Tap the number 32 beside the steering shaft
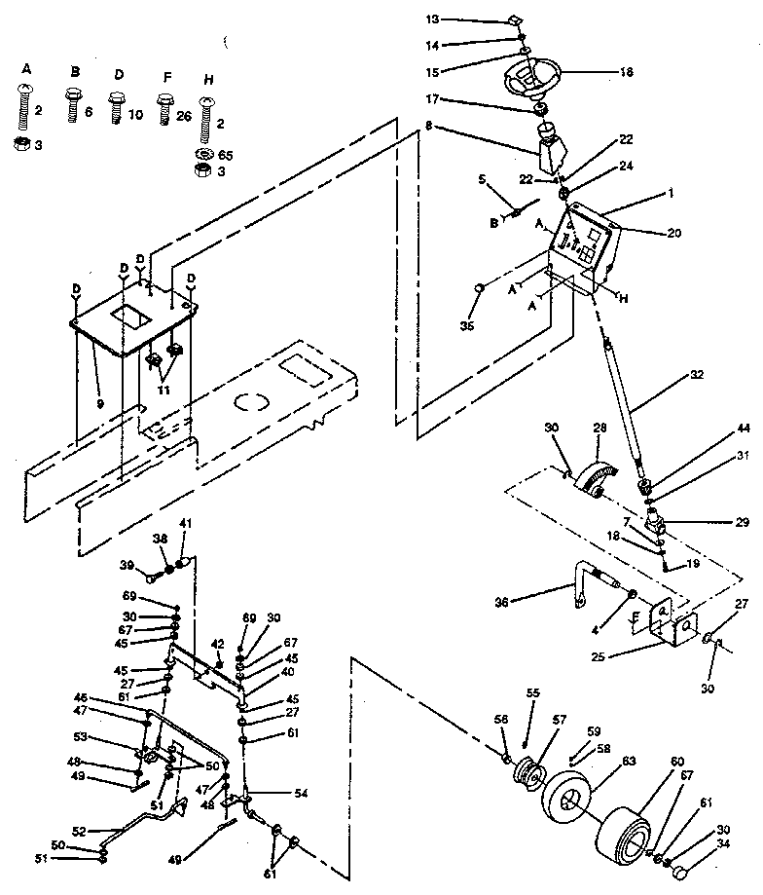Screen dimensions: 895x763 (694, 373)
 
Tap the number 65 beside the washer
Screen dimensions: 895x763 (226, 154)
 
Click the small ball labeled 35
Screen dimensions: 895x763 (481, 288)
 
